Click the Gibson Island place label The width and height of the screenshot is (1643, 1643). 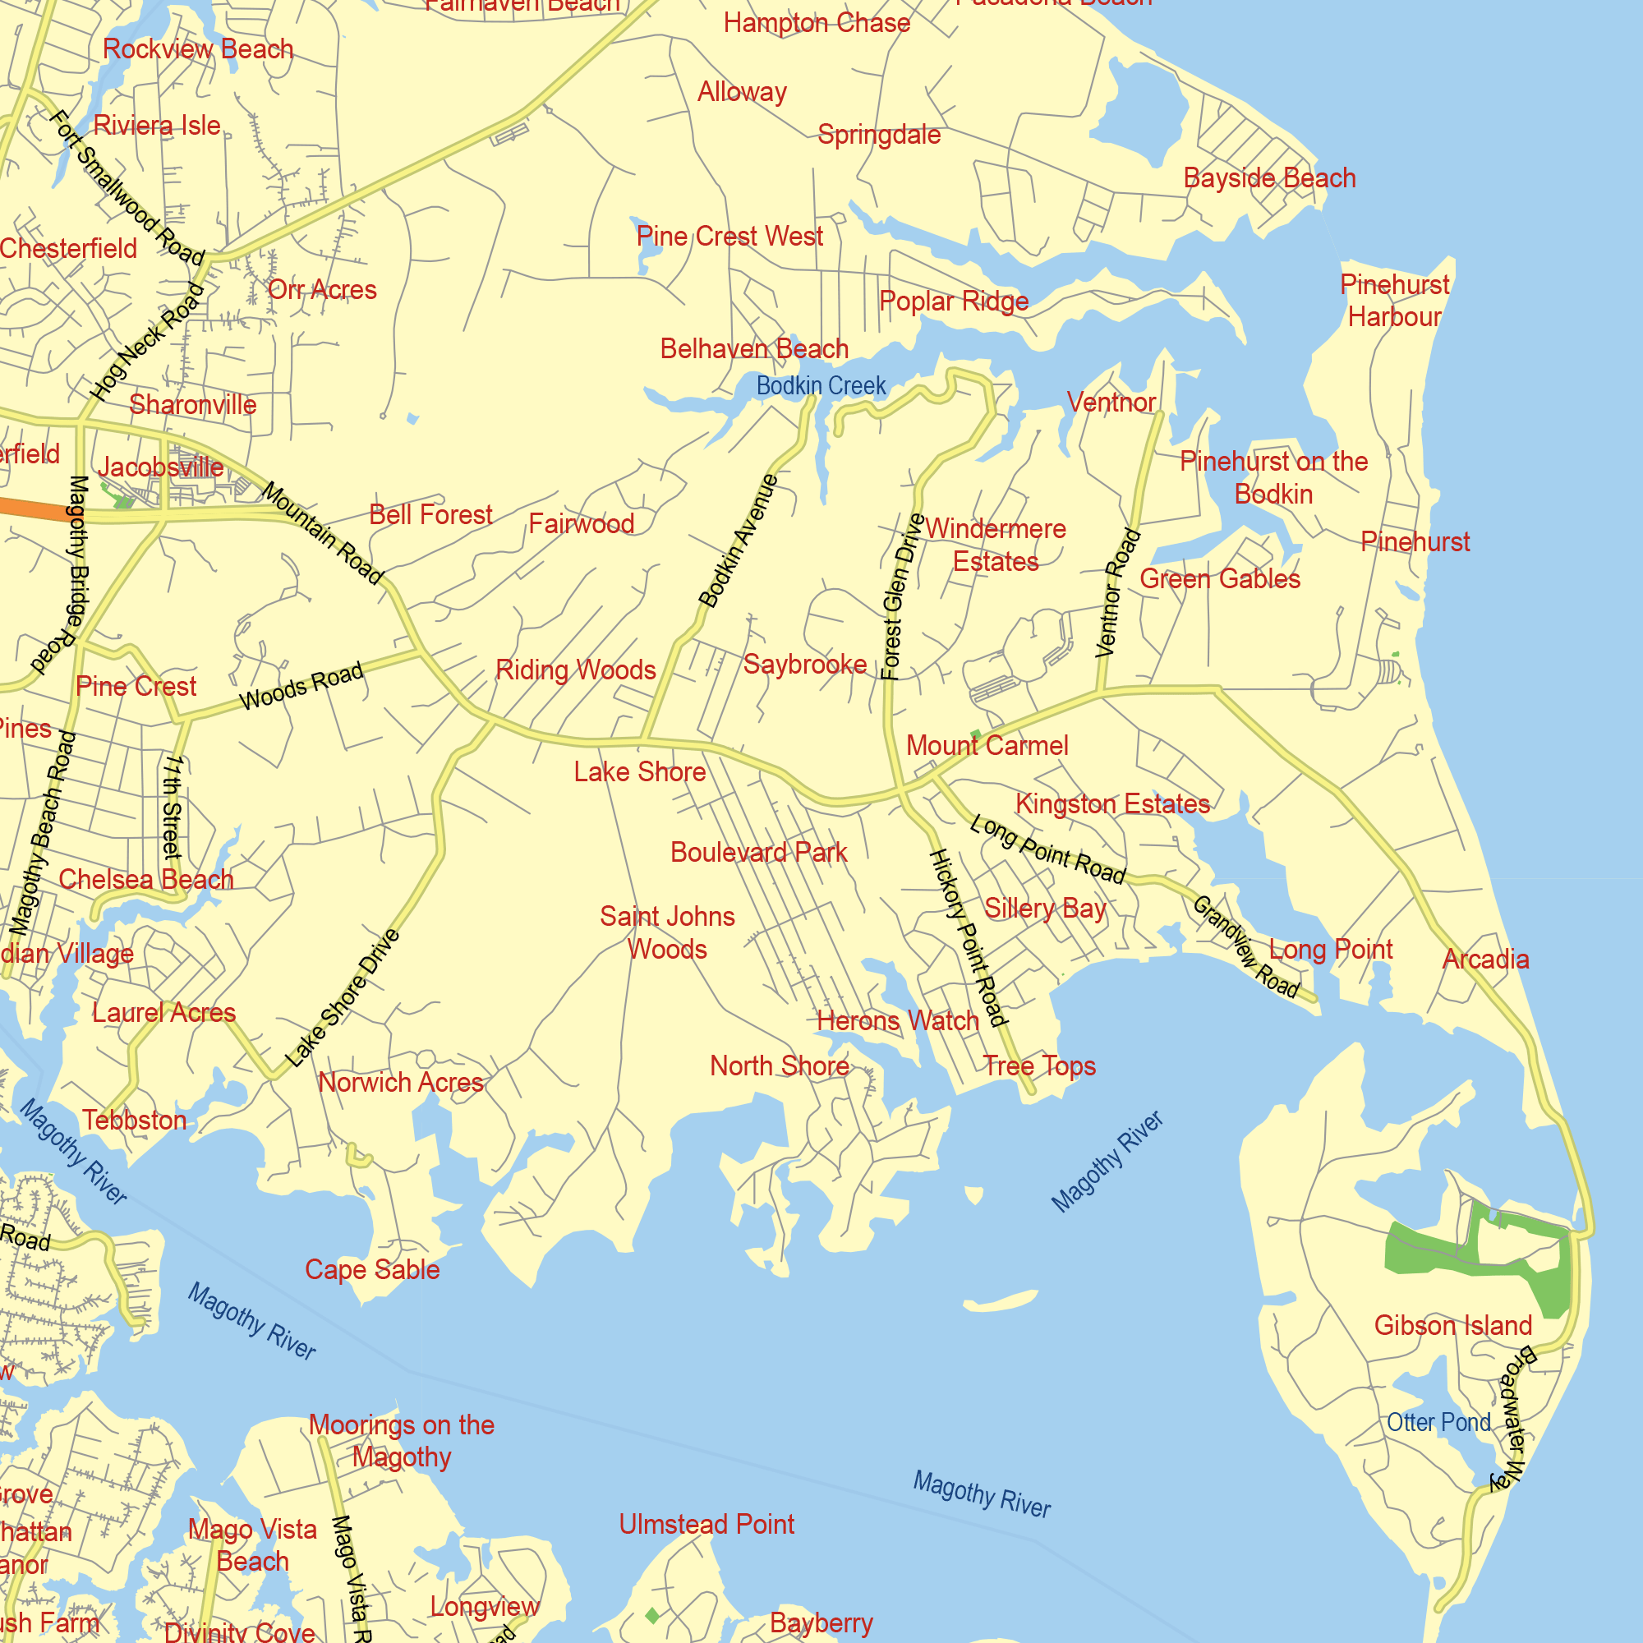point(1452,1325)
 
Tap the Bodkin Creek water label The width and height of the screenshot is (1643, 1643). point(821,386)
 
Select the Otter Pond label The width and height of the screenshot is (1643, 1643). point(1438,1422)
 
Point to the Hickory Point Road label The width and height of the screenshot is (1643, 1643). point(968,937)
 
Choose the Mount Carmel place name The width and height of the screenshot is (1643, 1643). point(987,746)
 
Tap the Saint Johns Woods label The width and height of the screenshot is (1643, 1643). point(668,932)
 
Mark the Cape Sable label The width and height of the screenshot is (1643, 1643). point(372,1270)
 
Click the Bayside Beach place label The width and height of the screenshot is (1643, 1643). point(1269,177)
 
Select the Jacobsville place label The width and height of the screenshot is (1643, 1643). point(160,467)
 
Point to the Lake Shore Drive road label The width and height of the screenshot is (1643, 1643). point(342,998)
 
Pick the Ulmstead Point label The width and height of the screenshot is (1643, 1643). point(706,1524)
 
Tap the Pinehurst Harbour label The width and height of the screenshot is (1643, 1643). point(1395,300)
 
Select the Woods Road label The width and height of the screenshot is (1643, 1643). point(301,685)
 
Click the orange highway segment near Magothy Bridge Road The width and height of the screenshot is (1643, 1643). point(34,508)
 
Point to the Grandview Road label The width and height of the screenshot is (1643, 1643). point(1246,946)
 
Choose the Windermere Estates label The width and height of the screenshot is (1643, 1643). point(995,545)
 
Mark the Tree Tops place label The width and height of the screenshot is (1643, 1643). point(1039,1065)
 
